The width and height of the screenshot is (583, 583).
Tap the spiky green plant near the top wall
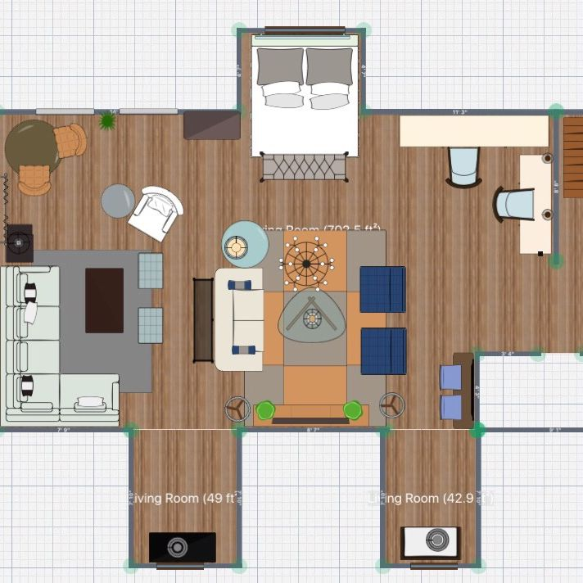click(x=107, y=121)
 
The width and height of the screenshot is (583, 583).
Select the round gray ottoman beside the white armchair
click(x=118, y=201)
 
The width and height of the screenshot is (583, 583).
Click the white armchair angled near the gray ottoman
click(x=156, y=212)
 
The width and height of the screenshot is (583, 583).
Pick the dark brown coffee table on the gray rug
click(x=104, y=300)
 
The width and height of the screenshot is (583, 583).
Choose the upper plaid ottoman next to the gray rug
click(x=151, y=270)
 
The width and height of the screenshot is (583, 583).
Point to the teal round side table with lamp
click(x=245, y=245)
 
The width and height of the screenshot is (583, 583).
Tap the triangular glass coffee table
click(x=310, y=317)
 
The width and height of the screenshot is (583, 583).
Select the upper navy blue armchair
click(x=383, y=289)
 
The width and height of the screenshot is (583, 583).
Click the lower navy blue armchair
click(x=383, y=351)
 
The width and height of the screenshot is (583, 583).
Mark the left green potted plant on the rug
click(x=264, y=409)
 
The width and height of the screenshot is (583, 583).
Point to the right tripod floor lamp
click(x=391, y=404)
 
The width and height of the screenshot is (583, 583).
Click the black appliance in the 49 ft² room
click(x=182, y=547)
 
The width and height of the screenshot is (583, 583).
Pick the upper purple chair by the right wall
click(x=451, y=377)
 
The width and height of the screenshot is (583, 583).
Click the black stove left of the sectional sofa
click(x=19, y=242)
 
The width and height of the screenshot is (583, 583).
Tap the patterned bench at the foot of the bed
click(x=304, y=166)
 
